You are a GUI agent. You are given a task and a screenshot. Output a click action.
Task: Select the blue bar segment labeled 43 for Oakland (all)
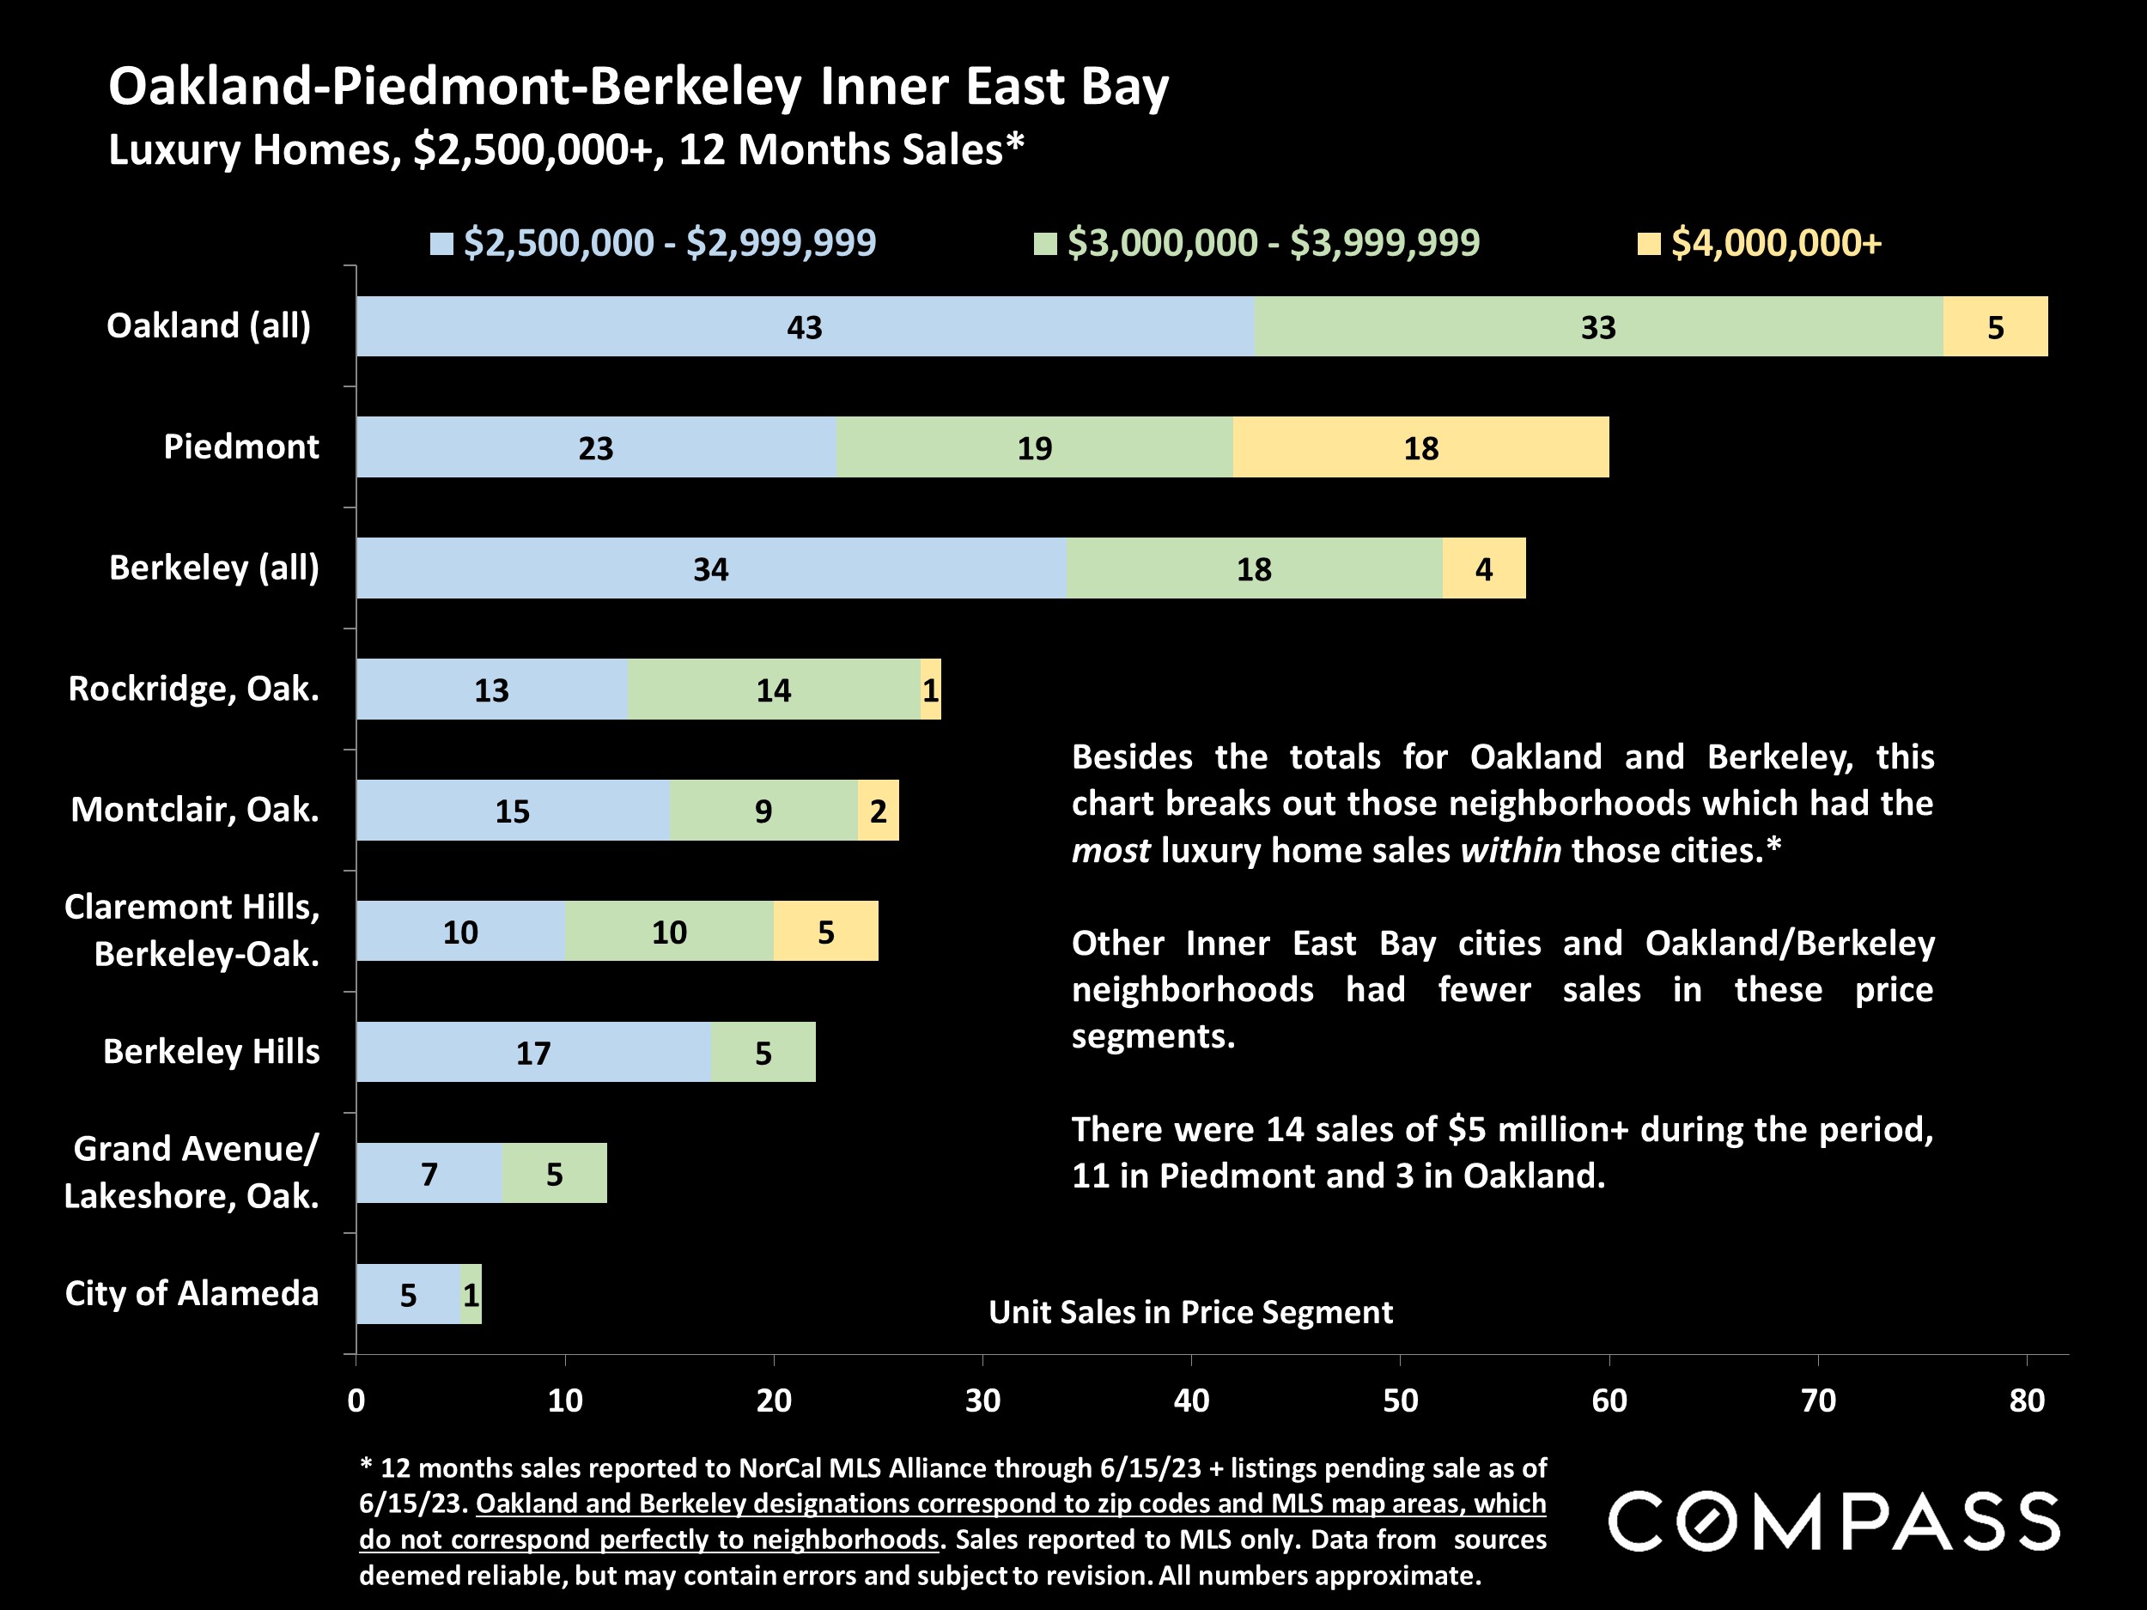[x=805, y=327]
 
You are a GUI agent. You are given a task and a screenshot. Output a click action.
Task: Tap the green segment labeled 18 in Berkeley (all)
[x=1254, y=568]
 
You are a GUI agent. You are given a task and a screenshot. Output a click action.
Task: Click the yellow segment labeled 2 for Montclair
[x=878, y=811]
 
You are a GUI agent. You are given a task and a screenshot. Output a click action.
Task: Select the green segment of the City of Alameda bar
[x=471, y=1295]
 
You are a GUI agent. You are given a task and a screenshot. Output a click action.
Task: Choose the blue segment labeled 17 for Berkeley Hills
[x=532, y=1052]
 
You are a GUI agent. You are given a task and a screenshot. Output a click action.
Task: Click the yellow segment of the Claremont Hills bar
[x=825, y=932]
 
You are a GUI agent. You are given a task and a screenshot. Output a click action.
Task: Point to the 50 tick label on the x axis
[x=1400, y=1400]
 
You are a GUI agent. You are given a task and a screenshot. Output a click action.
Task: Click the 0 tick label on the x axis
[x=356, y=1400]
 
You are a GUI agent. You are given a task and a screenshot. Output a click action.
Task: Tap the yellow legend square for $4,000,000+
[x=1648, y=244]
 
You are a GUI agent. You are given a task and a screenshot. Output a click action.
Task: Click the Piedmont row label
[x=240, y=447]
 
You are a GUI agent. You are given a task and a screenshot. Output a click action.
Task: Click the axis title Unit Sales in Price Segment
[x=1190, y=1312]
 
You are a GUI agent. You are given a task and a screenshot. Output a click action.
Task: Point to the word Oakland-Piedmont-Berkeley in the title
[x=456, y=87]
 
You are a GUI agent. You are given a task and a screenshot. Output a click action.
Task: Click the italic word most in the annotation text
[x=1110, y=851]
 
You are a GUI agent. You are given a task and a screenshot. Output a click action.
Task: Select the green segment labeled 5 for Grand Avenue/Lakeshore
[x=554, y=1173]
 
